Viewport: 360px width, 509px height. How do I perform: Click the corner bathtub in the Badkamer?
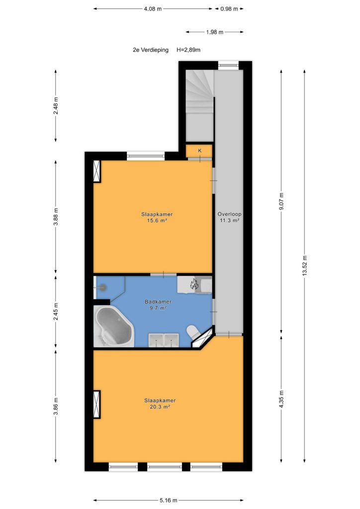(x=113, y=327)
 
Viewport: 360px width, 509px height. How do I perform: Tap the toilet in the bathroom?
(x=193, y=333)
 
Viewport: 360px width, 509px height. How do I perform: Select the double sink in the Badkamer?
(x=164, y=340)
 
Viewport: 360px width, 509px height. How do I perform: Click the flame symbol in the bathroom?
(x=194, y=284)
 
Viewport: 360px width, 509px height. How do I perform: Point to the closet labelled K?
(x=199, y=151)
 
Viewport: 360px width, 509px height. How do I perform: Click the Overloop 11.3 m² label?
(x=230, y=217)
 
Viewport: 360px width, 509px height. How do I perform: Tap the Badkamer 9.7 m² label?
(x=158, y=305)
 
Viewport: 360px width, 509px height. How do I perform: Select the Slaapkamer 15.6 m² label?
(x=157, y=218)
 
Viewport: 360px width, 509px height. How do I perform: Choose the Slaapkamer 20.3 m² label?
(x=160, y=404)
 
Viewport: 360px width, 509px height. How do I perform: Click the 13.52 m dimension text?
(x=304, y=265)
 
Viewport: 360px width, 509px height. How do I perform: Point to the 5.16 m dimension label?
(x=169, y=500)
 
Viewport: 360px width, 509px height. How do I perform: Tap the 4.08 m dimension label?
(x=153, y=9)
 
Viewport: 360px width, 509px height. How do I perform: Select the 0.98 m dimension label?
(x=229, y=9)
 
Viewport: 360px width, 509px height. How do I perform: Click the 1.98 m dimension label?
(x=215, y=32)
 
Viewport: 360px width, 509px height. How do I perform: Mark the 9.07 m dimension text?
(x=281, y=201)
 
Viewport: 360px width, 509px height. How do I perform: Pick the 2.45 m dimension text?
(x=56, y=312)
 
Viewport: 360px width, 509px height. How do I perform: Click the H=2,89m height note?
(x=188, y=50)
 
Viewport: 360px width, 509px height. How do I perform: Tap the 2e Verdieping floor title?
(x=151, y=50)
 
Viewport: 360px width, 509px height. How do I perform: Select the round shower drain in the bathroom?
(x=103, y=287)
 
